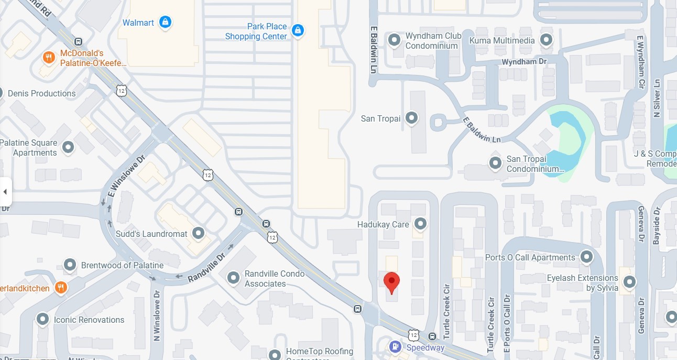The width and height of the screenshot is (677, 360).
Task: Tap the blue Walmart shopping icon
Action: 166,23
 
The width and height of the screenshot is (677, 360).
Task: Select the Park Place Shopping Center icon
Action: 298,30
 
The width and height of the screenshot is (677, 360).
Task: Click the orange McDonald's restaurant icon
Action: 49,58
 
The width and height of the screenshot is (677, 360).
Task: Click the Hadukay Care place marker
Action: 420,224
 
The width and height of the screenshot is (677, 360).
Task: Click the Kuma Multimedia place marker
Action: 547,40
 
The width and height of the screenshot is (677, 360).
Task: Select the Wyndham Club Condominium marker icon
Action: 394,40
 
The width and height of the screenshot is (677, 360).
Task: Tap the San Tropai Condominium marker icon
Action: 495,163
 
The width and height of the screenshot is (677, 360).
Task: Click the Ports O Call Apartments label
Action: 530,257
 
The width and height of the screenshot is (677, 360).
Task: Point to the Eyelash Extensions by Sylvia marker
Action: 629,282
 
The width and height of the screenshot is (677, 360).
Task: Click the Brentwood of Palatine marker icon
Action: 70,265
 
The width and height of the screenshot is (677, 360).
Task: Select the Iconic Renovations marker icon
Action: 43,319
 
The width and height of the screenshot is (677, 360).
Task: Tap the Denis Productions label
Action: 41,93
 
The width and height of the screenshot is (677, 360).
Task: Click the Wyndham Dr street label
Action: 523,62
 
